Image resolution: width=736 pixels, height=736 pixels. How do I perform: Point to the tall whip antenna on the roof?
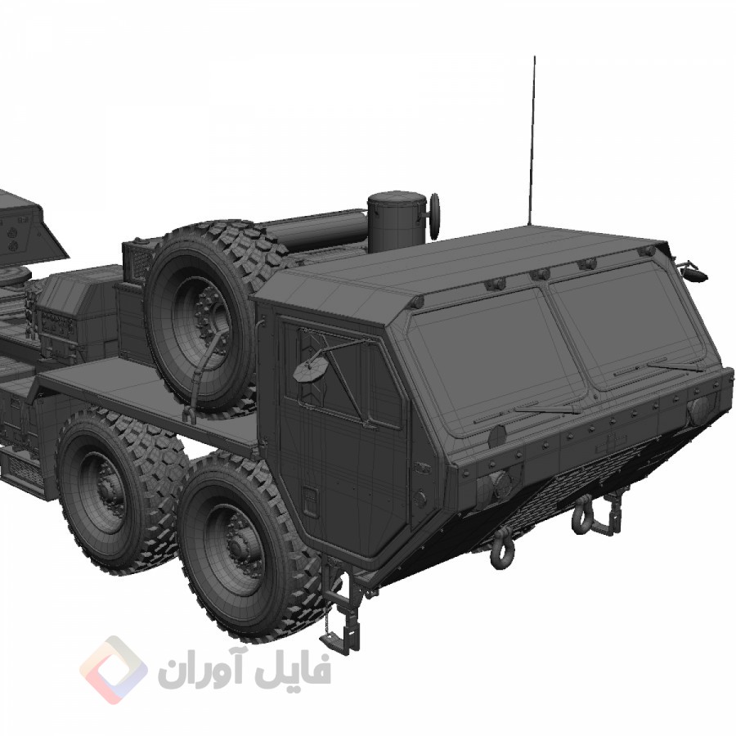click(x=532, y=139)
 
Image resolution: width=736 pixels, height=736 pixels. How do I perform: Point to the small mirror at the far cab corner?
click(x=693, y=272)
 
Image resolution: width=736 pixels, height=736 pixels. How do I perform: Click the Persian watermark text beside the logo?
click(x=245, y=671)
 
